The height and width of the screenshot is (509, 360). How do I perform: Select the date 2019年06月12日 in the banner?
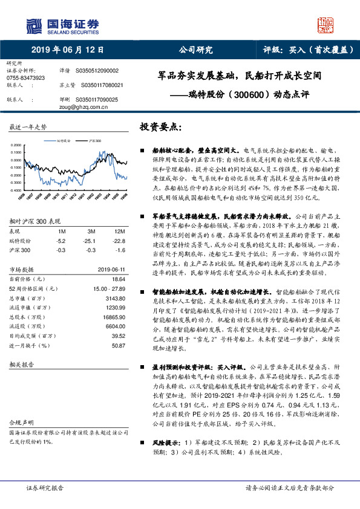(x=67, y=50)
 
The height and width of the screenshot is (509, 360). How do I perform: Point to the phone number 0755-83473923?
(x=25, y=78)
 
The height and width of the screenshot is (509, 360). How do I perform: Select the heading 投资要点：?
(x=160, y=127)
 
